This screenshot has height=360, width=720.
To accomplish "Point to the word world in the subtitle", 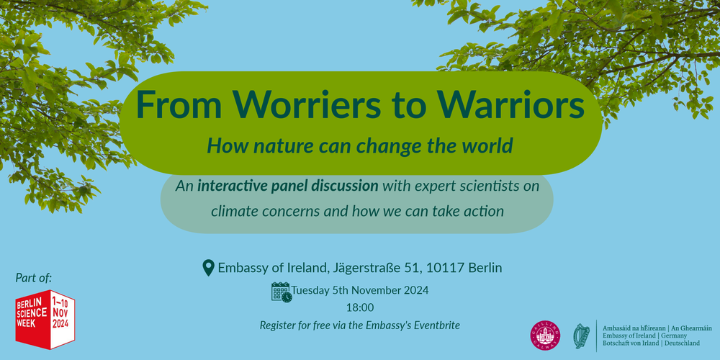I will (486, 145).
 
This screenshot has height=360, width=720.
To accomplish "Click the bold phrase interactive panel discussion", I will (288, 186).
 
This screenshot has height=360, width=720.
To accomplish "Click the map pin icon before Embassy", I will (209, 268).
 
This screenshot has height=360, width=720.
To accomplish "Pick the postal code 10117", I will (445, 268).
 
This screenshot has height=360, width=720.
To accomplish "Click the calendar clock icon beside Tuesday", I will (281, 292).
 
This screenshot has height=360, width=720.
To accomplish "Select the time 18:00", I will (361, 307).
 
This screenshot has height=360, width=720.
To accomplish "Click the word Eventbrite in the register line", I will (434, 325).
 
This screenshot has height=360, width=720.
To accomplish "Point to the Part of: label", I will (34, 277).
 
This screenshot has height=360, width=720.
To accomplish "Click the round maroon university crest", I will (544, 336).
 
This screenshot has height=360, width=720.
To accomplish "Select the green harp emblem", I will (581, 336).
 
